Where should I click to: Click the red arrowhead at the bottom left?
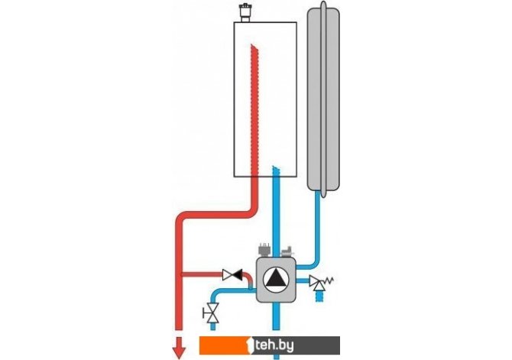click(x=180, y=350)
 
